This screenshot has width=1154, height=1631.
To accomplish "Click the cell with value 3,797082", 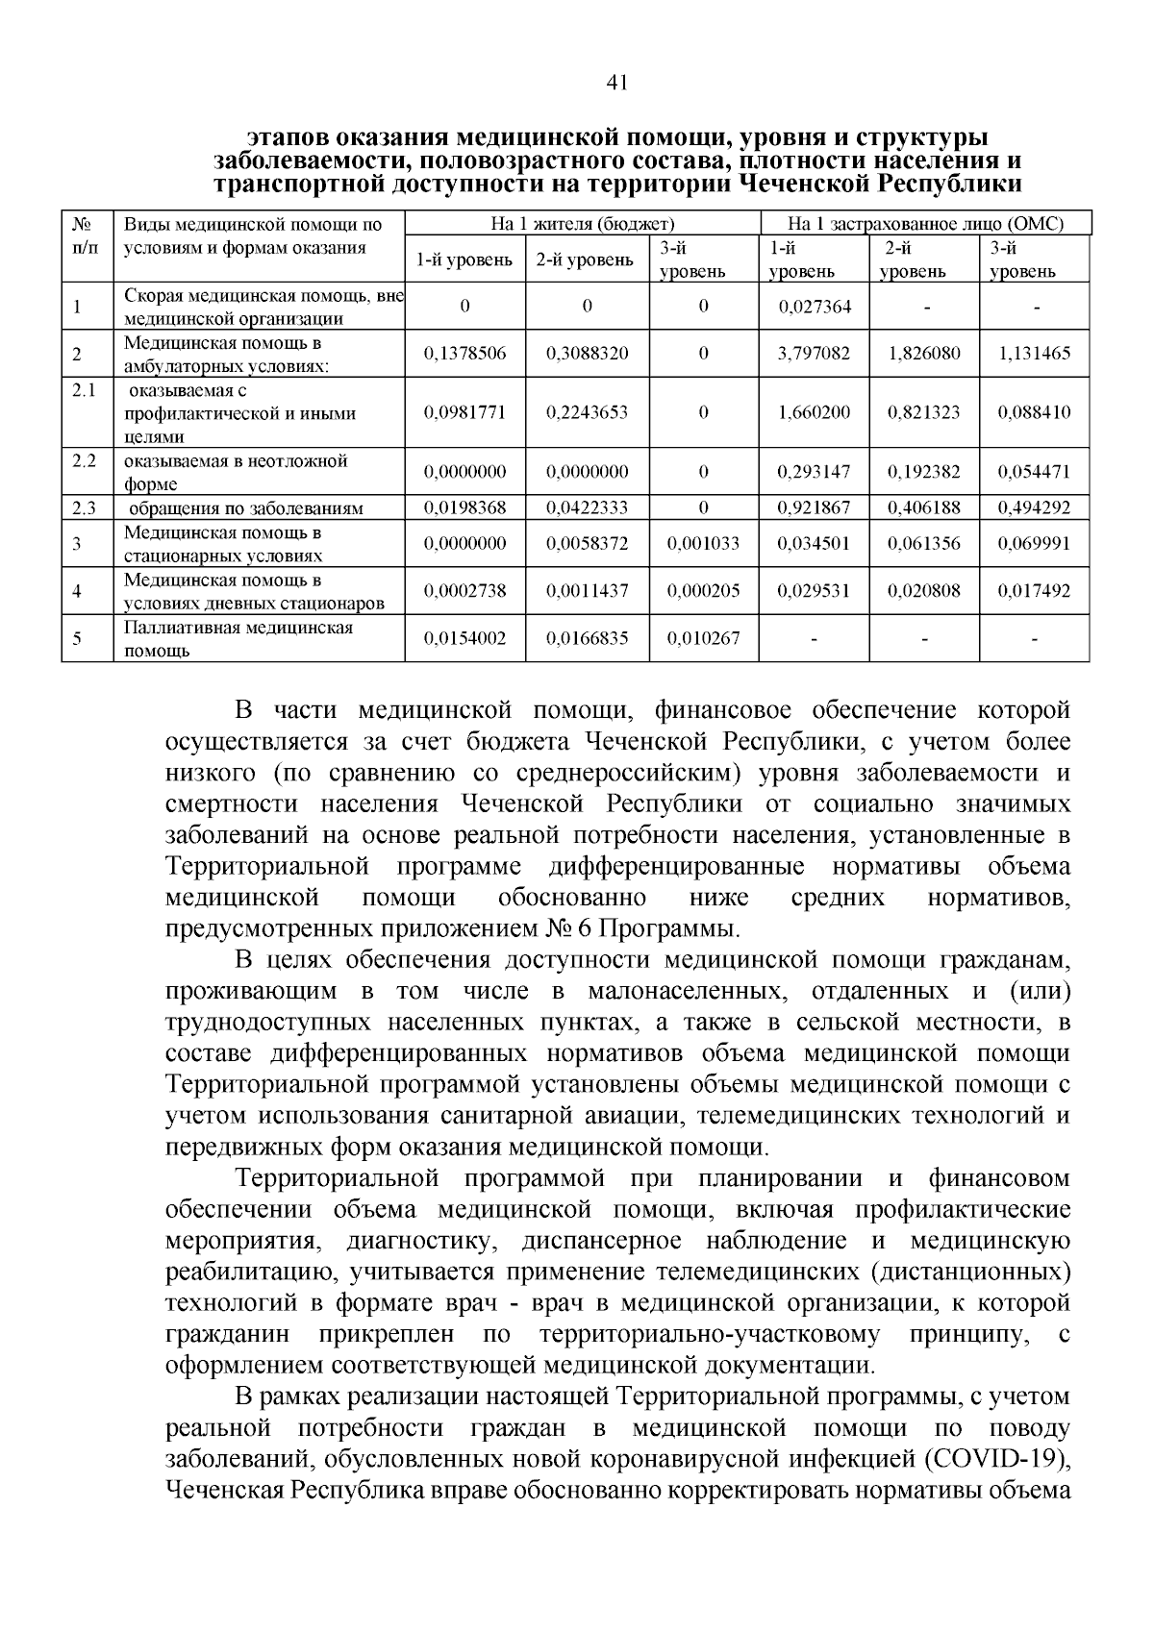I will pos(813,354).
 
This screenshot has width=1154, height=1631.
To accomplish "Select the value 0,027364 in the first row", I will pos(813,307).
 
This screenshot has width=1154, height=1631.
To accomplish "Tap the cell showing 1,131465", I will pos(1034,354).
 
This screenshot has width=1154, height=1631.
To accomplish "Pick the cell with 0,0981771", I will pos(464,412).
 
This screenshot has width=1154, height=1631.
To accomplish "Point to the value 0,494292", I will pos(1034,507).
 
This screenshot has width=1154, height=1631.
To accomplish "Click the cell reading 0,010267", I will pos(703,638).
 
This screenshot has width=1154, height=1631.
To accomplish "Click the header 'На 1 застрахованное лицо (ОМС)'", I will pos(925,225).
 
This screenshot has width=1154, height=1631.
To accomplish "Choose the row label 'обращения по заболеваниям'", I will pos(246,508).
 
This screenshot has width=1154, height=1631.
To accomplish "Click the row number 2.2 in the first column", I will pos(85,460).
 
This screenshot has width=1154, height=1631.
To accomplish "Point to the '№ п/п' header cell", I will pos(85,236).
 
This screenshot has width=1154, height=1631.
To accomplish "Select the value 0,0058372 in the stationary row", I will pos(587,544).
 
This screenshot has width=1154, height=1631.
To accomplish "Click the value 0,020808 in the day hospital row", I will pos(923,591).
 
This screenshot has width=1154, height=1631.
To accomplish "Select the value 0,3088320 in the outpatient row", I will pos(587,354).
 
